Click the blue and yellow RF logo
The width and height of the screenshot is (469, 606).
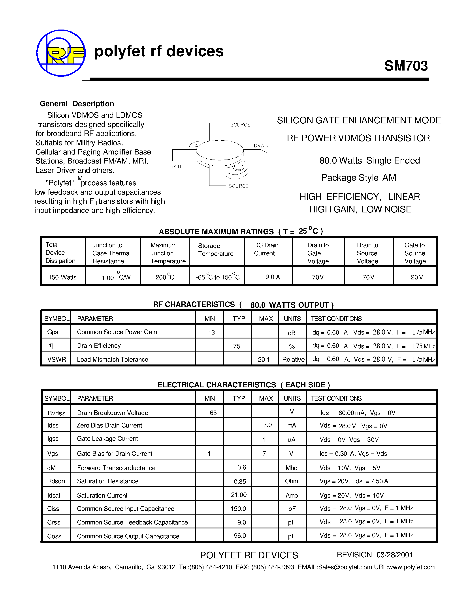tap(61, 53)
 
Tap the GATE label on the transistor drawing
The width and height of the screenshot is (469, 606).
tap(176, 166)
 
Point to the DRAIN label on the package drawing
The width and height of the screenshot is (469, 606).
tap(261, 146)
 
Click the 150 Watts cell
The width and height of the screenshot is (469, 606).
tap(62, 277)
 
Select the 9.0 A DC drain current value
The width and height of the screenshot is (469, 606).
tap(273, 277)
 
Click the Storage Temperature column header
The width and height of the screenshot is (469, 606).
tap(216, 250)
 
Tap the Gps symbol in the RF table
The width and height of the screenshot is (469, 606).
tap(53, 332)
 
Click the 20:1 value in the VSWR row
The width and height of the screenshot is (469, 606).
tap(264, 360)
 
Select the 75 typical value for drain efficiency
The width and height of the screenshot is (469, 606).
tap(237, 346)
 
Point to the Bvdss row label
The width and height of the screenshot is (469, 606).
tap(57, 413)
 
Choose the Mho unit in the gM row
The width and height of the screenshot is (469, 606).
tap(292, 468)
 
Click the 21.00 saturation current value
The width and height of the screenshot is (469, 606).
tap(239, 495)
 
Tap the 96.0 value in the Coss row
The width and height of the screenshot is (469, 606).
tap(240, 535)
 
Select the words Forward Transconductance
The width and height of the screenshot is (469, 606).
tap(116, 468)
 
